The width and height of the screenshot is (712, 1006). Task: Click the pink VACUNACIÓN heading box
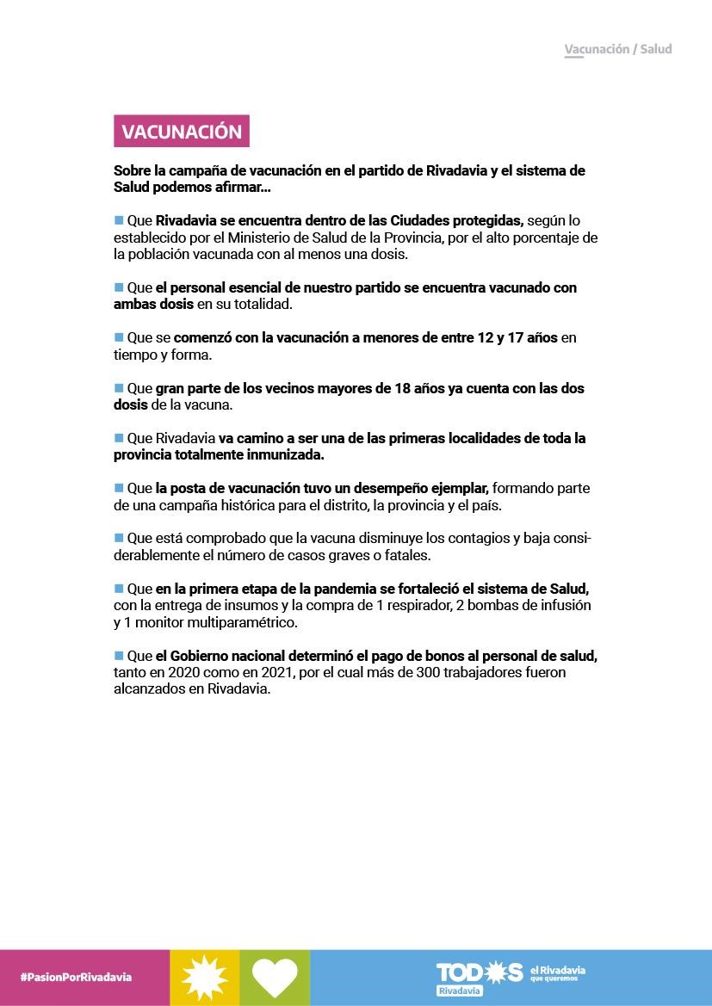pos(181,132)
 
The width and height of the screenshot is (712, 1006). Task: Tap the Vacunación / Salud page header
pos(617,49)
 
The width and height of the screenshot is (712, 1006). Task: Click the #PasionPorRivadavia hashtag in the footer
pos(76,977)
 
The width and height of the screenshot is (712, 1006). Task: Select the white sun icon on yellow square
pos(205,978)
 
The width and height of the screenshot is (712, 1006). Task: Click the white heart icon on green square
pos(275,978)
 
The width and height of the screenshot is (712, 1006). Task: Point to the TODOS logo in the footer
pos(479,972)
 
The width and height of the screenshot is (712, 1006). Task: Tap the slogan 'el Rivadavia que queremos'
pos(557,974)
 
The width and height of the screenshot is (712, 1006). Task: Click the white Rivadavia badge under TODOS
pos(460,991)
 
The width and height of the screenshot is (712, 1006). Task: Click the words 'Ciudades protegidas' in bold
pos(456,220)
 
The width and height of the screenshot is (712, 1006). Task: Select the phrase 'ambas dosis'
pos(153,304)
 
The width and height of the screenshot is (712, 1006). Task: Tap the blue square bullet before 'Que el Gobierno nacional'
pos(119,655)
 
